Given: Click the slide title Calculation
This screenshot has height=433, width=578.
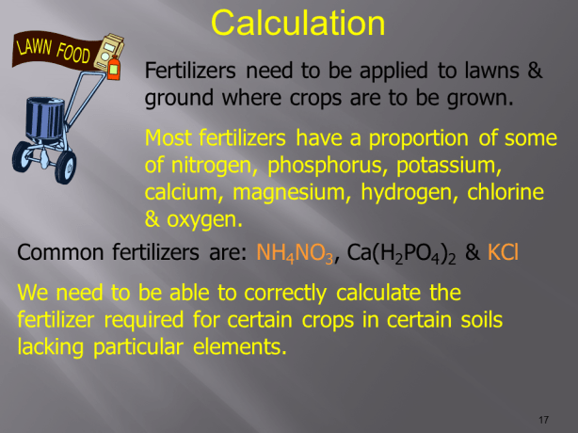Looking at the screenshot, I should pyautogui.click(x=297, y=23).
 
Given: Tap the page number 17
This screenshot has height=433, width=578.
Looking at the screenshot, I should pyautogui.click(x=543, y=418).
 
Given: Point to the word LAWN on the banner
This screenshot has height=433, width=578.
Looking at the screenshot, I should pyautogui.click(x=34, y=44).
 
